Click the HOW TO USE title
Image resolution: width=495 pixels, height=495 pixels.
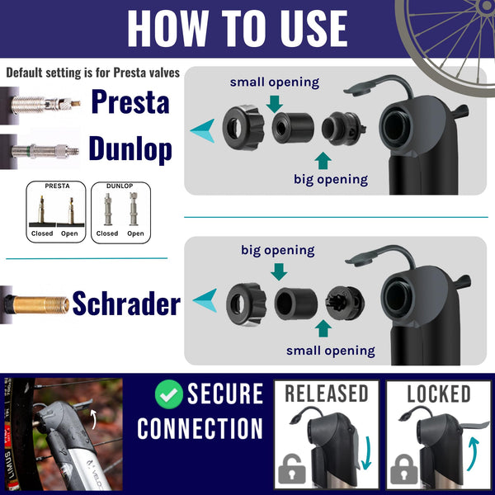tap(237, 28)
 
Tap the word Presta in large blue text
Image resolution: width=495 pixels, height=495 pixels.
tap(130, 101)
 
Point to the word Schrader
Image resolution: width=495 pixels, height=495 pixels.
tap(126, 304)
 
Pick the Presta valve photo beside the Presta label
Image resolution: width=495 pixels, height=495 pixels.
tap(41, 102)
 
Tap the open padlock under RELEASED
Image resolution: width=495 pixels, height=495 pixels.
tap(290, 470)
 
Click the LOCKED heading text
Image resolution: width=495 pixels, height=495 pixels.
tap(437, 394)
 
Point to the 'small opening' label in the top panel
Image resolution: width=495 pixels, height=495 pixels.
tap(274, 82)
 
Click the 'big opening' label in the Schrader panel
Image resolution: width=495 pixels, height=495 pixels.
tap(277, 249)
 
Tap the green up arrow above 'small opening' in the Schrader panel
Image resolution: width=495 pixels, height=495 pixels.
tap(323, 328)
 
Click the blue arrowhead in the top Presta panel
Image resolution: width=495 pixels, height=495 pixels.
tap(202, 130)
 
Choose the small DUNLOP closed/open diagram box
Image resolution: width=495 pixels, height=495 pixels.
tap(120, 210)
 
